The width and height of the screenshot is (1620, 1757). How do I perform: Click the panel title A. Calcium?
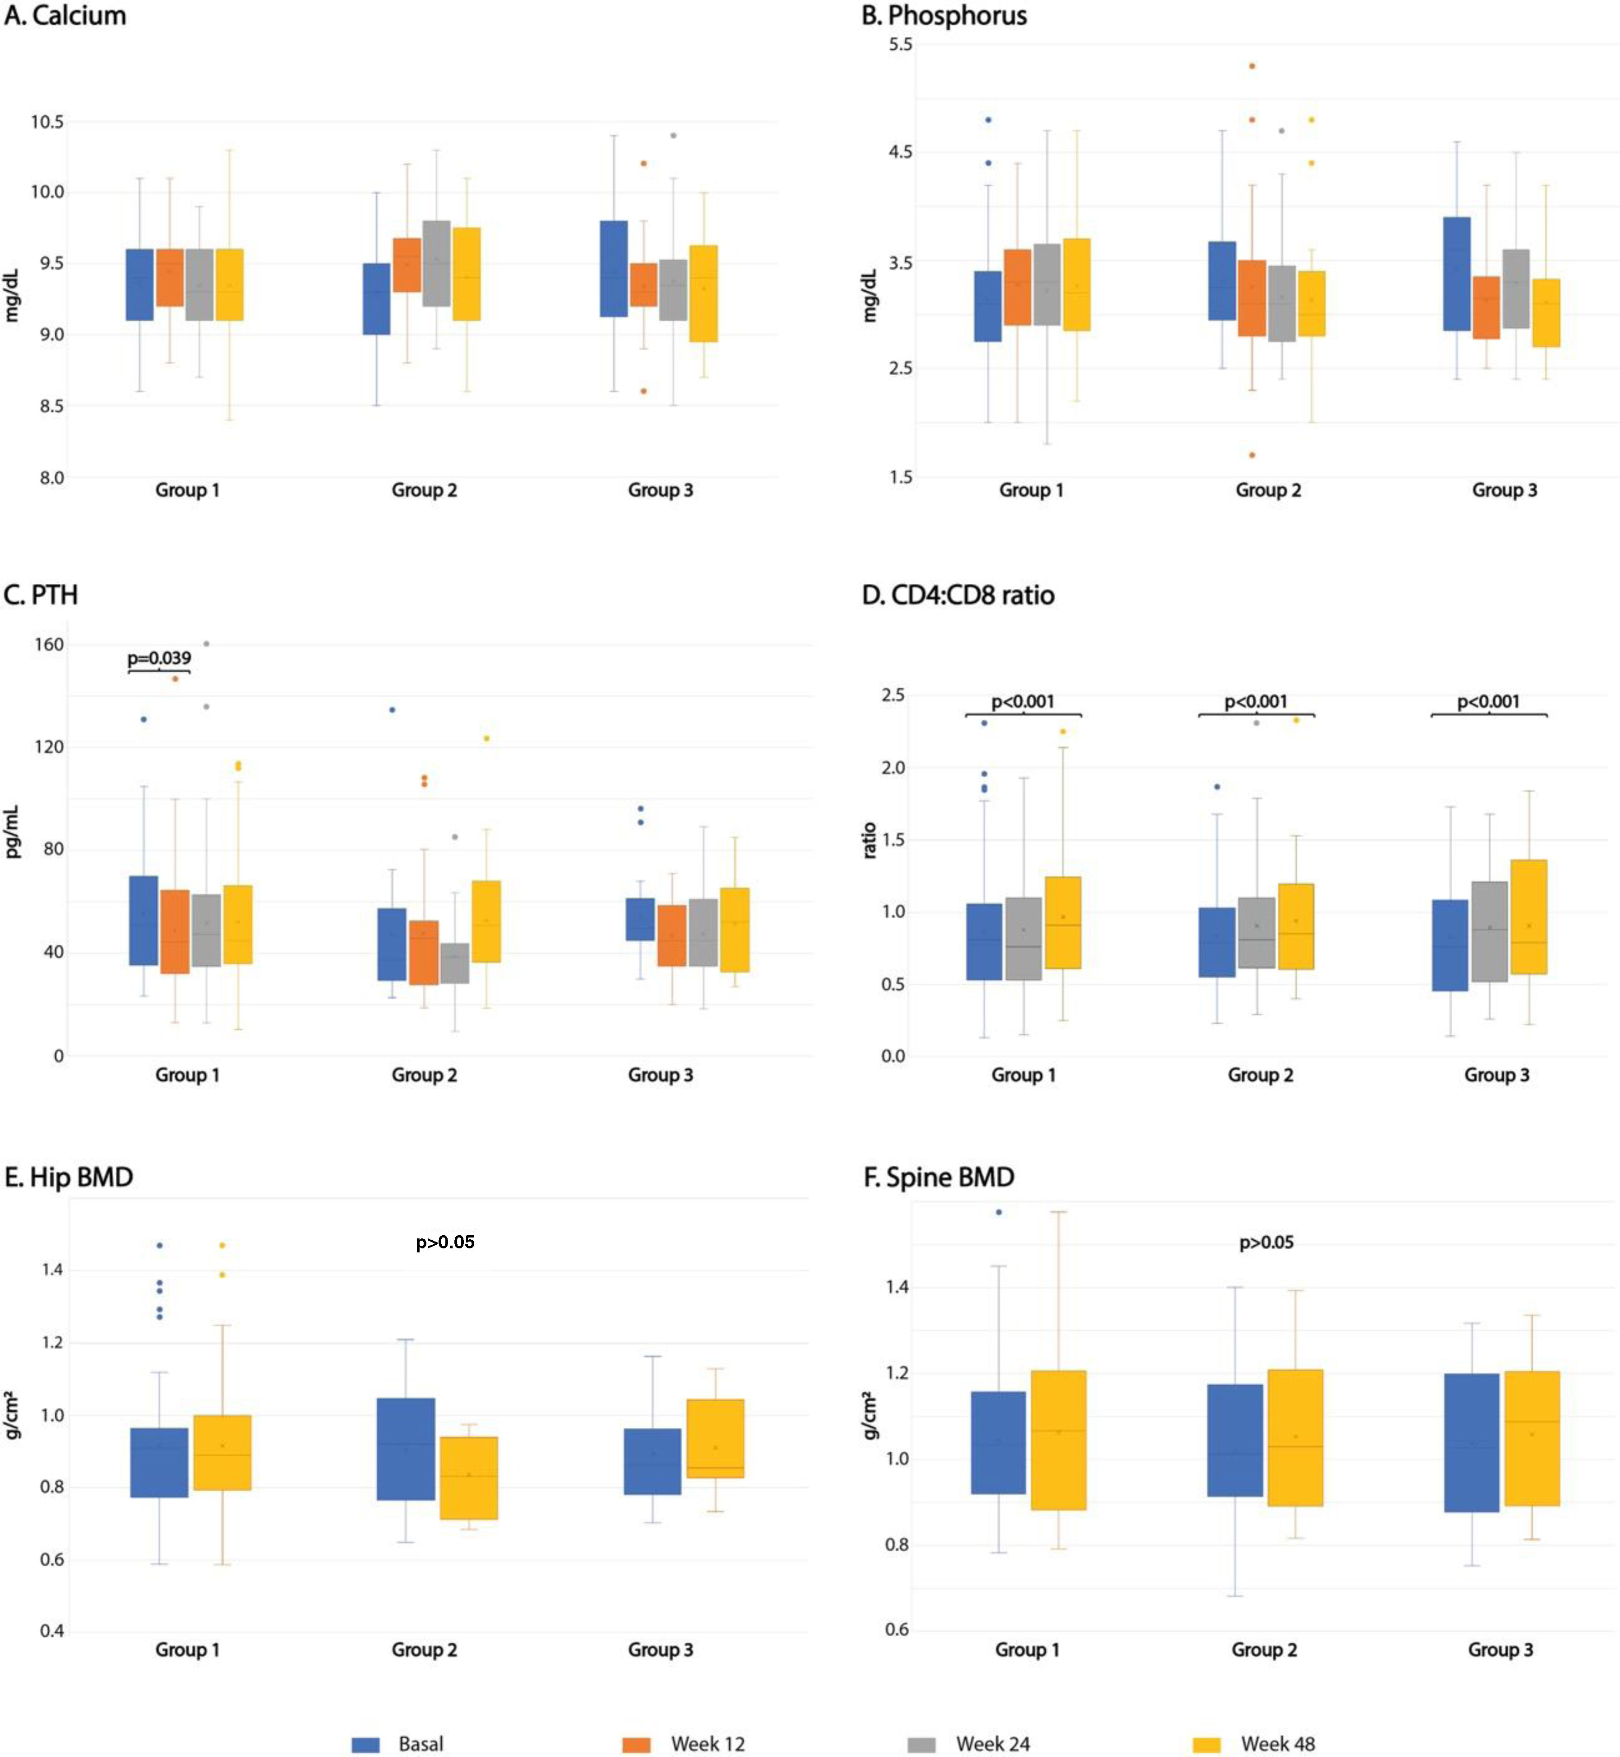(x=66, y=16)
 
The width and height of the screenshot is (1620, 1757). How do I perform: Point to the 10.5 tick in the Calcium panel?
(x=47, y=122)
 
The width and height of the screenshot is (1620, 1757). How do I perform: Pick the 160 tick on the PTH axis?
(x=49, y=644)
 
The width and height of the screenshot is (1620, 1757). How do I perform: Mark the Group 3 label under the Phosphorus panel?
(x=1504, y=490)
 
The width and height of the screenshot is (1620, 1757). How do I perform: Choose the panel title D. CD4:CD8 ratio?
(x=958, y=595)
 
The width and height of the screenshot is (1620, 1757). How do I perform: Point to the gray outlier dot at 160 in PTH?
(x=206, y=643)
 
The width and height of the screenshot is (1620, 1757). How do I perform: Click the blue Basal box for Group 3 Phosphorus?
(x=1457, y=274)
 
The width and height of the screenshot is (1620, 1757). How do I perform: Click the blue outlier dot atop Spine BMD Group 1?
(x=998, y=1212)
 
